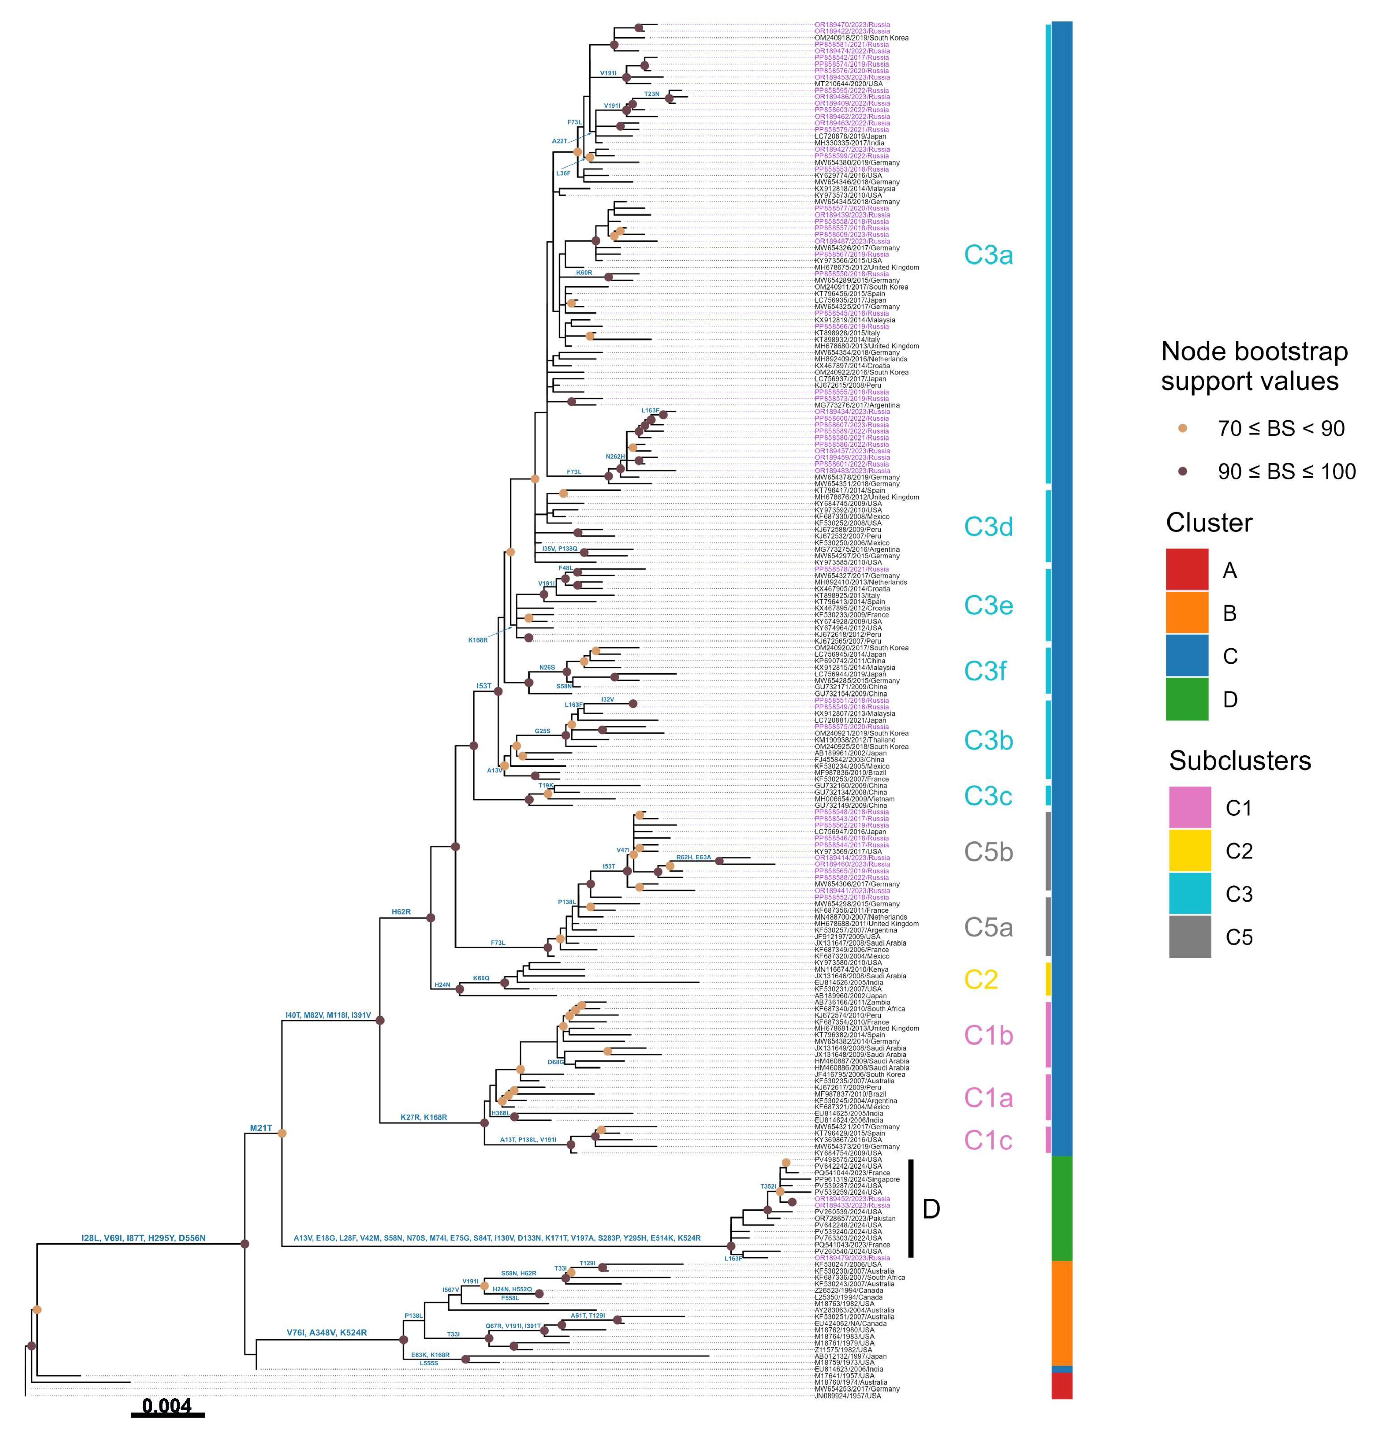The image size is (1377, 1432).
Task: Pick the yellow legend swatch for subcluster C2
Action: pyautogui.click(x=1189, y=850)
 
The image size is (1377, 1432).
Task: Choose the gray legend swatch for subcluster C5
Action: pyautogui.click(x=1189, y=937)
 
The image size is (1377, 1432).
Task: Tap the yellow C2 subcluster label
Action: pyautogui.click(x=981, y=979)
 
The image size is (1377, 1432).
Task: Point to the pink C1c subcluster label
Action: pyautogui.click(x=988, y=1140)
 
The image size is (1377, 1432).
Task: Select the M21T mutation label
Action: pyautogui.click(x=261, y=1128)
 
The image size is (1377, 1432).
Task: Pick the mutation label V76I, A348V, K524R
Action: pyautogui.click(x=327, y=1333)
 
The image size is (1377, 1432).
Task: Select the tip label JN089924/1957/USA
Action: pyautogui.click(x=848, y=1396)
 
